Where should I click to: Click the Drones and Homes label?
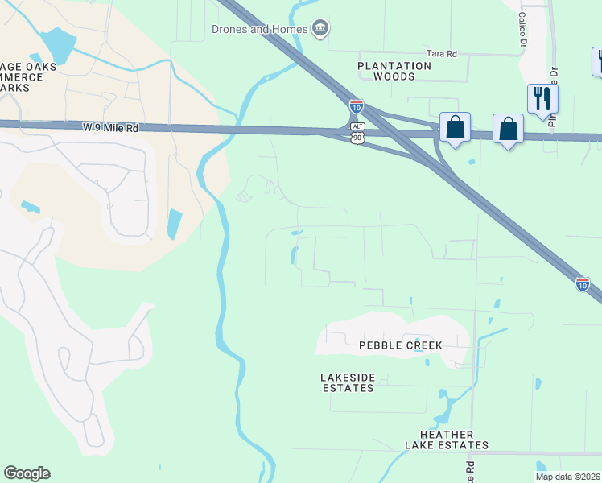pyautogui.click(x=259, y=30)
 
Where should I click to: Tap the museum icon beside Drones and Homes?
pyautogui.click(x=320, y=30)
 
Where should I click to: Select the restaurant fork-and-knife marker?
pyautogui.click(x=542, y=99)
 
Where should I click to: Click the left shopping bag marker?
pyautogui.click(x=456, y=128)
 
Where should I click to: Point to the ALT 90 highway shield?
pyautogui.click(x=357, y=133)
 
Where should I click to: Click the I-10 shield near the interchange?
pyautogui.click(x=356, y=105)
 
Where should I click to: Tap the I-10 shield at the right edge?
pyautogui.click(x=582, y=283)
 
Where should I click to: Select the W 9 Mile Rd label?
pyautogui.click(x=110, y=128)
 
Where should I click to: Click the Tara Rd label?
pyautogui.click(x=441, y=53)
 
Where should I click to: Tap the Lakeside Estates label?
pyautogui.click(x=348, y=382)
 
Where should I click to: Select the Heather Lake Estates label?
pyautogui.click(x=447, y=440)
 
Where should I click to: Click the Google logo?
pyautogui.click(x=27, y=473)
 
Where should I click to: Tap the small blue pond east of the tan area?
pyautogui.click(x=175, y=223)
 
